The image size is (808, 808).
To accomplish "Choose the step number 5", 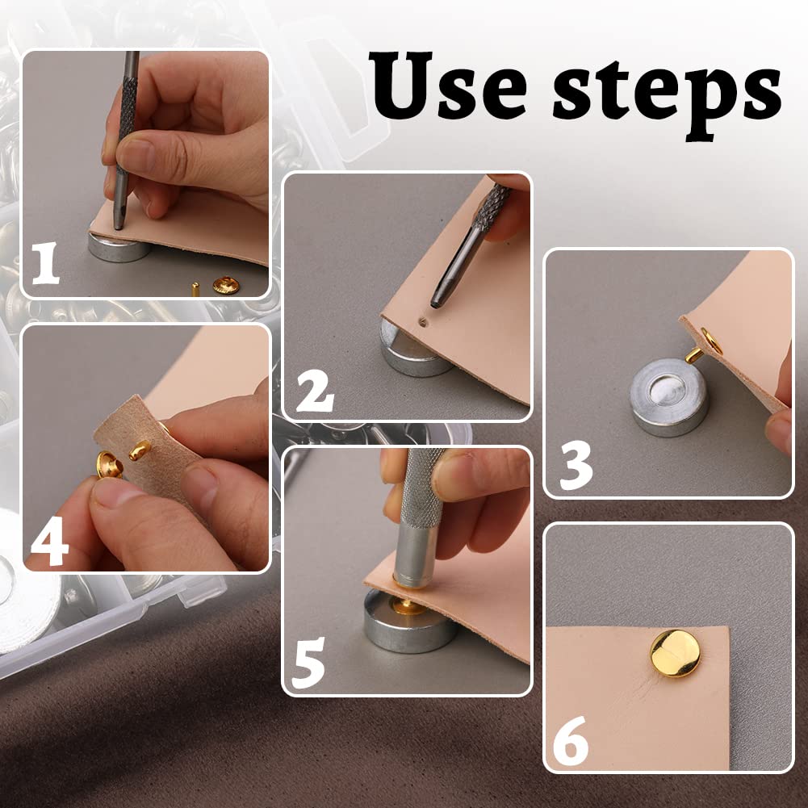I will (x=310, y=663).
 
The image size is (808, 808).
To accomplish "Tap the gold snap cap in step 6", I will (x=676, y=652).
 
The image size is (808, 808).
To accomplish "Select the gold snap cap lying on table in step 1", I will (x=226, y=283).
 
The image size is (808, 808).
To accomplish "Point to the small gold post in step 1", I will (x=195, y=287).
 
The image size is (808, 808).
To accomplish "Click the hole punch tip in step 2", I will (x=437, y=301).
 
